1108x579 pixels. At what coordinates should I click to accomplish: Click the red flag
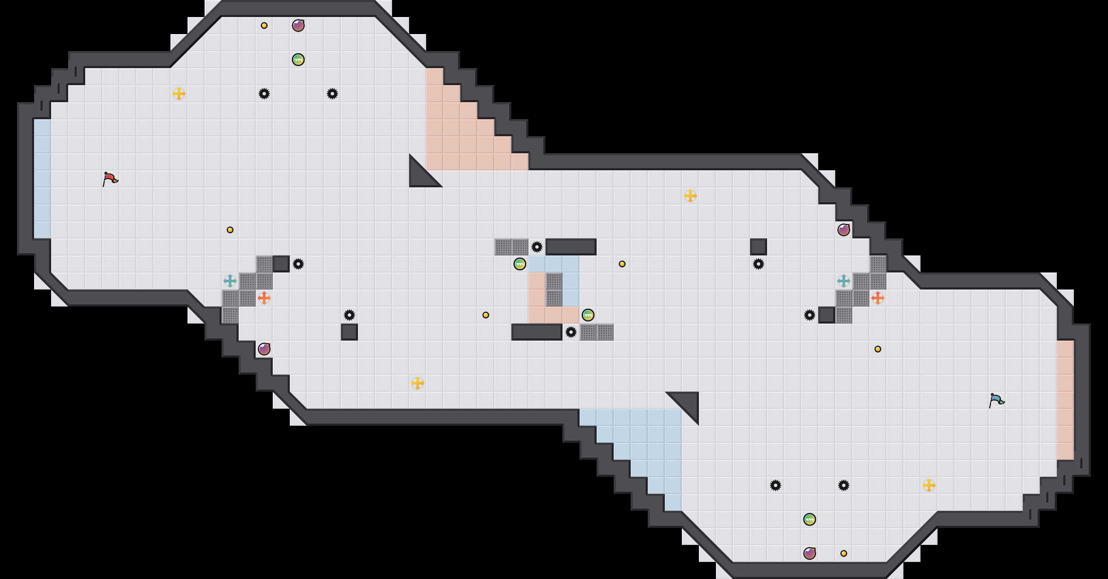(110, 178)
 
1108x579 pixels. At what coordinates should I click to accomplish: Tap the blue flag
(996, 400)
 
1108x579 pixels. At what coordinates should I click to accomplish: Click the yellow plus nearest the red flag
(179, 93)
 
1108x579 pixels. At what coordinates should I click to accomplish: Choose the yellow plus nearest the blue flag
(929, 485)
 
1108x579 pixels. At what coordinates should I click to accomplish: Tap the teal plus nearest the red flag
(230, 281)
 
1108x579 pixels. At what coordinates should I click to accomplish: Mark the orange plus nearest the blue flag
(877, 298)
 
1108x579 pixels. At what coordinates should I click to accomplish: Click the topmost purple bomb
(298, 26)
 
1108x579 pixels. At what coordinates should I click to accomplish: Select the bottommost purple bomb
(810, 553)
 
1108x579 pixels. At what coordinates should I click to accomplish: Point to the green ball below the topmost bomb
(298, 59)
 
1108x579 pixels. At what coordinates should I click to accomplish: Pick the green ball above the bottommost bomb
(810, 519)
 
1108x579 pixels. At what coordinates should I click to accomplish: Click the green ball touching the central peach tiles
(588, 315)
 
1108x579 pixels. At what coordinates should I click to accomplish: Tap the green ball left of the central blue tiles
(519, 264)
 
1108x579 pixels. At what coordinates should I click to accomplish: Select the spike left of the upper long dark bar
(537, 247)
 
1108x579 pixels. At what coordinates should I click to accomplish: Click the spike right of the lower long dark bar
(571, 332)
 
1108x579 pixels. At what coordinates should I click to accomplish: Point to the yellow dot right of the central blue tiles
(622, 264)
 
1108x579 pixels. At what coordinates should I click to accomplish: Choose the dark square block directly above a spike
(758, 247)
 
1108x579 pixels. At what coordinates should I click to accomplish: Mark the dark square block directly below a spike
(349, 332)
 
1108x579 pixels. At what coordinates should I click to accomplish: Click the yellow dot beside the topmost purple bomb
(264, 26)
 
